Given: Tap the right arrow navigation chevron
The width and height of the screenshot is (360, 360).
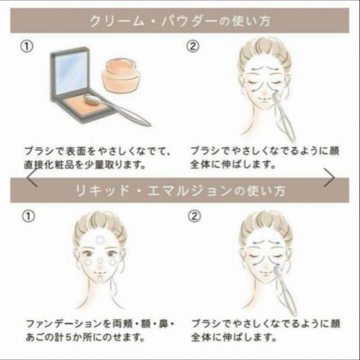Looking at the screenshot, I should tap(329, 178).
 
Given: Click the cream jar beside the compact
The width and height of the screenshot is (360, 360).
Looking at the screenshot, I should tap(120, 76).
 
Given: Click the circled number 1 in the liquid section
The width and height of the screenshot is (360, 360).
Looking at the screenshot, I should tap(28, 217).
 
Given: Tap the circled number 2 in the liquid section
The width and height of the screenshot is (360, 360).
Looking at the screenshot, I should tap(194, 217).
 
